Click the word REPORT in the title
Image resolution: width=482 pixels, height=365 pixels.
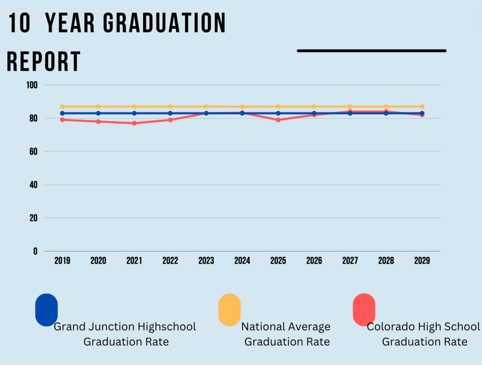[x=43, y=62]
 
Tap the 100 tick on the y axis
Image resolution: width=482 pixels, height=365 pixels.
[x=32, y=85]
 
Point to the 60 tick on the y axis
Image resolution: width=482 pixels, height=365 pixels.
[x=34, y=151]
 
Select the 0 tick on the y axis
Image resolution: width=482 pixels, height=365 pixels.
[x=35, y=251]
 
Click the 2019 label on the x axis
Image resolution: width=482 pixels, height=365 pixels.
[x=62, y=261]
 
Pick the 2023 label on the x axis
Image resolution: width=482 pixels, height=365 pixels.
[x=206, y=261]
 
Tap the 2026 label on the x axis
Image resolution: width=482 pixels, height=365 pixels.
[x=314, y=261]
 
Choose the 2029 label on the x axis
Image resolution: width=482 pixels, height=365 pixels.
[x=422, y=261]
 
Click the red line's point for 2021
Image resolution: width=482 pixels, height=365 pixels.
[x=134, y=123]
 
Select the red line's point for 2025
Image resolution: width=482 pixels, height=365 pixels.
[x=278, y=120]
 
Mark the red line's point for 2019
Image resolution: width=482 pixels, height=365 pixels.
[x=62, y=120]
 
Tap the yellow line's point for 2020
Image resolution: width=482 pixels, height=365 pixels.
[x=98, y=107]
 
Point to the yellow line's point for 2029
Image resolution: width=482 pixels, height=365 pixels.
[x=422, y=107]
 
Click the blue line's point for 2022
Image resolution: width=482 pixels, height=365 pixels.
[x=170, y=113]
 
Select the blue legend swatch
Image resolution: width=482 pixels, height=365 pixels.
[x=47, y=310]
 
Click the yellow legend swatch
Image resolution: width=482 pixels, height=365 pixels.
[x=229, y=310]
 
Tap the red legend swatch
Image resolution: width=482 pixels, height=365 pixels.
[x=364, y=310]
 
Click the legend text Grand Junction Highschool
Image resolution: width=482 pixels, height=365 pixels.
[x=125, y=326]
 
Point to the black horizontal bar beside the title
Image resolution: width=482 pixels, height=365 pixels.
[x=371, y=50]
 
